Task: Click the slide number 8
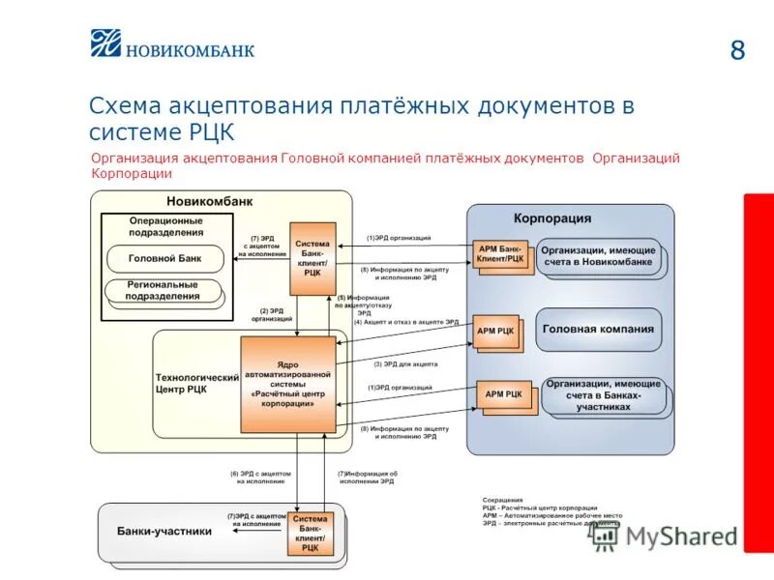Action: [x=737, y=50]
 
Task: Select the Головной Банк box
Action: [x=164, y=258]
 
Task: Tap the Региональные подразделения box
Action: [x=164, y=291]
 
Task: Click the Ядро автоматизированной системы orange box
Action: [x=288, y=384]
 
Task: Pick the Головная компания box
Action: [x=598, y=329]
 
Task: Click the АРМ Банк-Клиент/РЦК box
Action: [x=501, y=254]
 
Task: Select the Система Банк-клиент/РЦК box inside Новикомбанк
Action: [x=312, y=258]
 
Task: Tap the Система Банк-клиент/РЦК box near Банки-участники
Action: [x=310, y=534]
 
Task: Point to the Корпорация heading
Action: [x=551, y=218]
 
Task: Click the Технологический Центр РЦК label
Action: [x=196, y=384]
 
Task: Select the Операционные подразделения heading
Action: [x=166, y=226]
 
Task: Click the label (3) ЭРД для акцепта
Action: [x=405, y=364]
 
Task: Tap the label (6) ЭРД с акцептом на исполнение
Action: [x=260, y=478]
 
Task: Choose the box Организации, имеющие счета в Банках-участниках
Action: [x=603, y=395]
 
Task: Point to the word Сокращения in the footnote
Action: [x=502, y=500]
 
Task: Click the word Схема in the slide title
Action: [x=126, y=106]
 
